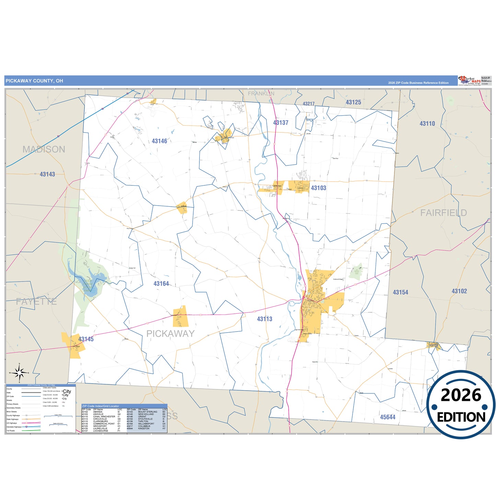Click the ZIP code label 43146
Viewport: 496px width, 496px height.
[159, 141]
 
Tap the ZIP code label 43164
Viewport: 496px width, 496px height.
[161, 284]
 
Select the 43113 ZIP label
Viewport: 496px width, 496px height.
[264, 319]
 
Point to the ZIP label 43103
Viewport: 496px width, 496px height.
[318, 188]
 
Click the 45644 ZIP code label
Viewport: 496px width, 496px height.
[388, 417]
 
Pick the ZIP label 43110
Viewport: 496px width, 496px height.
[427, 124]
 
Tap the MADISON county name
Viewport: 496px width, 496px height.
[44, 149]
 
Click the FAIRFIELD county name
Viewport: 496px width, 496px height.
[443, 213]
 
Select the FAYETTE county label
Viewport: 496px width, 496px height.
[36, 302]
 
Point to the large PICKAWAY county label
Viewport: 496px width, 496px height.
[170, 334]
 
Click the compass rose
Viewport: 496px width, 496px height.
[19, 372]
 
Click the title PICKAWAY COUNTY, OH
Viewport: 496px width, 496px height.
[34, 81]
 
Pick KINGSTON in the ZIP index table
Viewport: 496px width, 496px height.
[143, 428]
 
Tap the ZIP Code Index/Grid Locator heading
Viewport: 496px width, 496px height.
[100, 406]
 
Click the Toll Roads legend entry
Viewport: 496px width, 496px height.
[11, 430]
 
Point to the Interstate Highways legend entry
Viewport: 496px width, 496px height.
[14, 427]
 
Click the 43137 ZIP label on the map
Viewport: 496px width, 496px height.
[280, 123]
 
